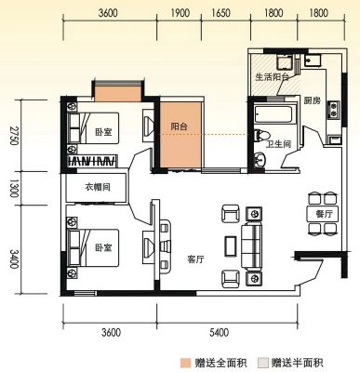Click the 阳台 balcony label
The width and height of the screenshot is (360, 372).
pyautogui.click(x=180, y=126)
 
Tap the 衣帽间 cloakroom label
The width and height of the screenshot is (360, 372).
pyautogui.click(x=98, y=187)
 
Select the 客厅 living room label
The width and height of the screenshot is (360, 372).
pyautogui.click(x=196, y=259)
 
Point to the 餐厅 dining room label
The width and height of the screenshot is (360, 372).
pyautogui.click(x=324, y=214)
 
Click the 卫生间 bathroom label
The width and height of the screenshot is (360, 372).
pyautogui.click(x=279, y=143)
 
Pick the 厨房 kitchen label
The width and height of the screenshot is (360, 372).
pyautogui.click(x=313, y=100)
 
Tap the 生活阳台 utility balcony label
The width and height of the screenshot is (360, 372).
pyautogui.click(x=273, y=77)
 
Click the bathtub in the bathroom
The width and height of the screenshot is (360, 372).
pyautogui.click(x=273, y=114)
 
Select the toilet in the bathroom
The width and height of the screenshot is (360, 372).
pyautogui.click(x=262, y=135)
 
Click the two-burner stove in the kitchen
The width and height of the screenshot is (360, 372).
pyautogui.click(x=334, y=110)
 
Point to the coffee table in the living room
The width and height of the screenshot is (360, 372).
pyautogui.click(x=231, y=246)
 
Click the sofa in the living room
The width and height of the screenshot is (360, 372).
pyautogui.click(x=252, y=246)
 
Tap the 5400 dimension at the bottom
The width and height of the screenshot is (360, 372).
pyautogui.click(x=219, y=333)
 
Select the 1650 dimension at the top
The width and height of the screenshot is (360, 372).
pyautogui.click(x=221, y=13)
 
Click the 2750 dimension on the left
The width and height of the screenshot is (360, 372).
pyautogui.click(x=14, y=136)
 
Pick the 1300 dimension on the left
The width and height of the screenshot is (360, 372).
pyautogui.click(x=14, y=188)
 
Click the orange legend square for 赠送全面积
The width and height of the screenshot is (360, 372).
pyautogui.click(x=185, y=363)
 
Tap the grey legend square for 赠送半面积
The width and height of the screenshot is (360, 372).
pyautogui.click(x=263, y=363)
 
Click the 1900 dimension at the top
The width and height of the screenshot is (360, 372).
pyautogui.click(x=180, y=13)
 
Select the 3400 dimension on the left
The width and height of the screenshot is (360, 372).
pyautogui.click(x=14, y=259)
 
